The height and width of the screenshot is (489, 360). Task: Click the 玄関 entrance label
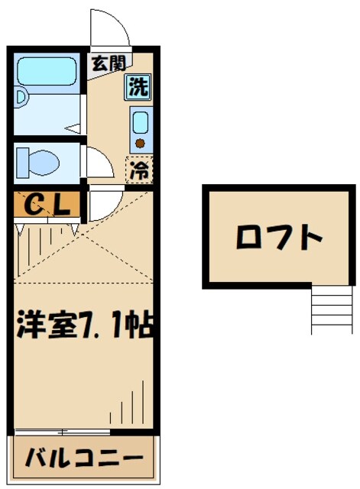point(109,63)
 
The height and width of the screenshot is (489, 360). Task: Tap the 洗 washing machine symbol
point(138,86)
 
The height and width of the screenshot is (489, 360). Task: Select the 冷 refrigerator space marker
point(138,169)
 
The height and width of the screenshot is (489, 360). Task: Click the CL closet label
point(47,204)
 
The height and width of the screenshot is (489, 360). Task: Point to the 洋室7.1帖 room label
point(86,326)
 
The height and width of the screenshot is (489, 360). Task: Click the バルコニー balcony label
point(84,459)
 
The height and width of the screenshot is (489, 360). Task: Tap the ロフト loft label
point(278,238)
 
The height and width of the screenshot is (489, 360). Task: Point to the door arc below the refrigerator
point(100,205)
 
